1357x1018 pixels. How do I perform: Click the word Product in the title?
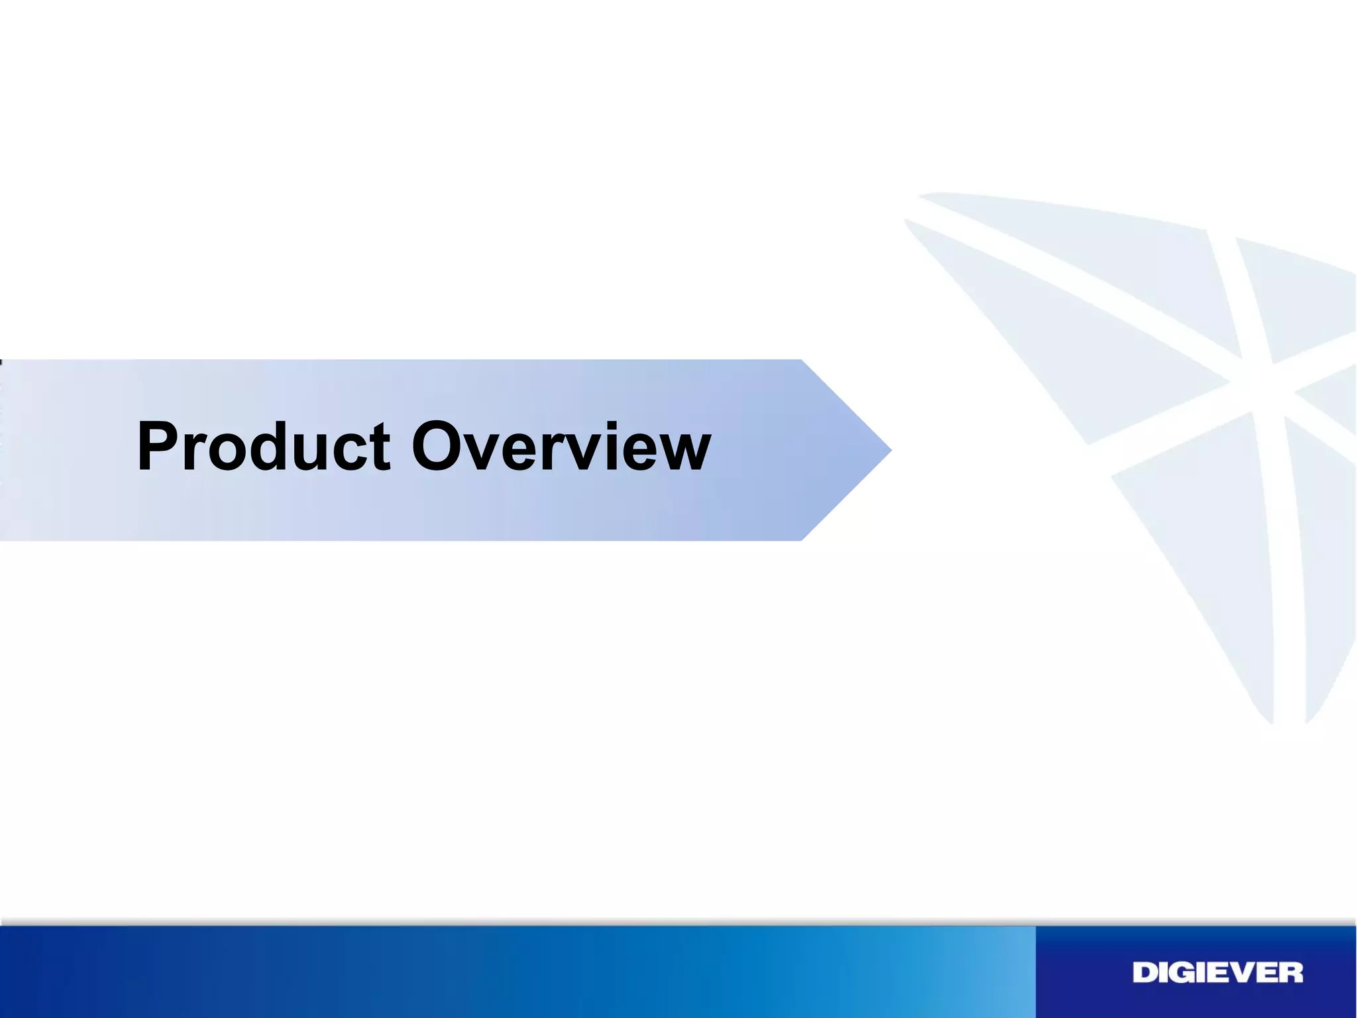263,447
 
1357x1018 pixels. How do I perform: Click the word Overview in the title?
561,447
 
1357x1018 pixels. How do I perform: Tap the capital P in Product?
159,447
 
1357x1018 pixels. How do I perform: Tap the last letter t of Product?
379,449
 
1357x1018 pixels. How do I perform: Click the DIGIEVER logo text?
1217,973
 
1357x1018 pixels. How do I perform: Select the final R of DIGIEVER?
1291,973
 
